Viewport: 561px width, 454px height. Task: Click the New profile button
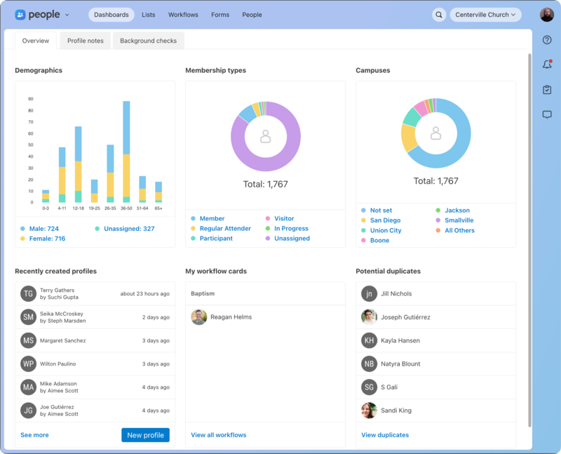click(x=145, y=435)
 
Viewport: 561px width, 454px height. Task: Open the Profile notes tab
click(x=85, y=41)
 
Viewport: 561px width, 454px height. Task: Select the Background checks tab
click(x=148, y=41)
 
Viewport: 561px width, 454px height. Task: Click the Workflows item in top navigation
click(x=183, y=15)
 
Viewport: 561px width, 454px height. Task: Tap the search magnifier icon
click(x=439, y=15)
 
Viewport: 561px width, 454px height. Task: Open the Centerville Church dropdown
click(x=485, y=15)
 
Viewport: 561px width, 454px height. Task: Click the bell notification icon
click(x=547, y=65)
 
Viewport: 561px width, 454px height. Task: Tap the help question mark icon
click(x=547, y=40)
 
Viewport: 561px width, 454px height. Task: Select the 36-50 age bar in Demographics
click(x=126, y=151)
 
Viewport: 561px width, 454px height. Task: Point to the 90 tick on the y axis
click(x=31, y=99)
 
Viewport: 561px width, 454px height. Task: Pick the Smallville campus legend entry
click(x=459, y=220)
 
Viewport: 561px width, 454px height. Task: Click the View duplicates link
click(x=385, y=435)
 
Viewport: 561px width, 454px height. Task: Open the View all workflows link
click(x=218, y=435)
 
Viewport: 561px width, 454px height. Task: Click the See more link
click(x=34, y=435)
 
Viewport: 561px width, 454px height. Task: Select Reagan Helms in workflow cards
click(x=231, y=317)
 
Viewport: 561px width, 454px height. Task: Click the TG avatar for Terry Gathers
click(x=28, y=294)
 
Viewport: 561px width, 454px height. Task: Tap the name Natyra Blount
click(x=400, y=363)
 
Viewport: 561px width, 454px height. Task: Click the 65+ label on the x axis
click(x=158, y=208)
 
